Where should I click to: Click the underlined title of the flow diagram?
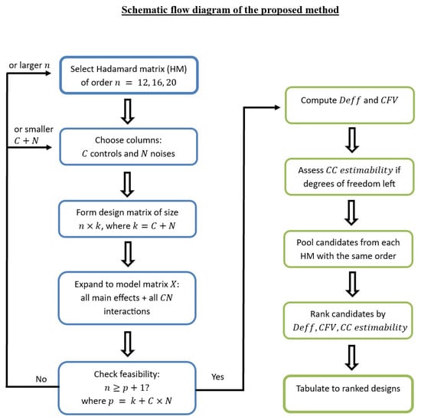pos(230,10)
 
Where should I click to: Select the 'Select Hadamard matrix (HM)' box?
pos(129,75)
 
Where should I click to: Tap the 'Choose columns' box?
pos(129,147)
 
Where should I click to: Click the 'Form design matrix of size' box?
pos(128,219)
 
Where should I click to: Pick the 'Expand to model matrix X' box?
pos(127,298)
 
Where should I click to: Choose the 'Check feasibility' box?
pos(127,388)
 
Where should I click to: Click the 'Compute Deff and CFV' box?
pos(350,105)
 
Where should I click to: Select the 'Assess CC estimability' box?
pos(349,176)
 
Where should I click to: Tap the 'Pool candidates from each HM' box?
pos(348,249)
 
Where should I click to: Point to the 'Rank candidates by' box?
pos(348,320)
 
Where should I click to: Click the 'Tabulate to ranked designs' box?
pos(348,394)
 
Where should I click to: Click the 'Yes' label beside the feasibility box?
pos(217,377)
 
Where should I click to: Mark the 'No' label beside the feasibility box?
pos(41,379)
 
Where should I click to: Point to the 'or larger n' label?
pos(29,65)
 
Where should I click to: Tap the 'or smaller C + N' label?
pos(34,135)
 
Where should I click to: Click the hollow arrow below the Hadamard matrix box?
pos(128,111)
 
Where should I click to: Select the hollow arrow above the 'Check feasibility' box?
pos(128,344)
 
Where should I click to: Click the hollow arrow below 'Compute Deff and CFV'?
pos(352,140)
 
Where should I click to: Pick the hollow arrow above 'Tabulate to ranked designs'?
pos(352,358)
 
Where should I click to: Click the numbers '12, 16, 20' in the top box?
pos(157,82)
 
